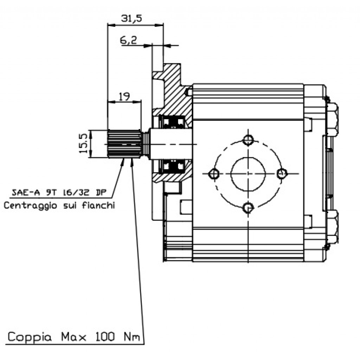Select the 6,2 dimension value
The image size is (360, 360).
pos(128,41)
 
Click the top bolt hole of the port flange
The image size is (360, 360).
pos(249,140)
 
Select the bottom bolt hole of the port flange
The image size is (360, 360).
pos(249,208)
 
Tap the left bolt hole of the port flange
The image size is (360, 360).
pos(214,174)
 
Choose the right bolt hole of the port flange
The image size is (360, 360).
pos(282,173)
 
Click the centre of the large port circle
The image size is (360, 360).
pos(248,173)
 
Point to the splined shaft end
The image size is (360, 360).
pos(124,144)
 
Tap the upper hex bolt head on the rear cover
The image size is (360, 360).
pos(332,120)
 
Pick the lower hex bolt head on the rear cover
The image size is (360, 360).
pos(332,227)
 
